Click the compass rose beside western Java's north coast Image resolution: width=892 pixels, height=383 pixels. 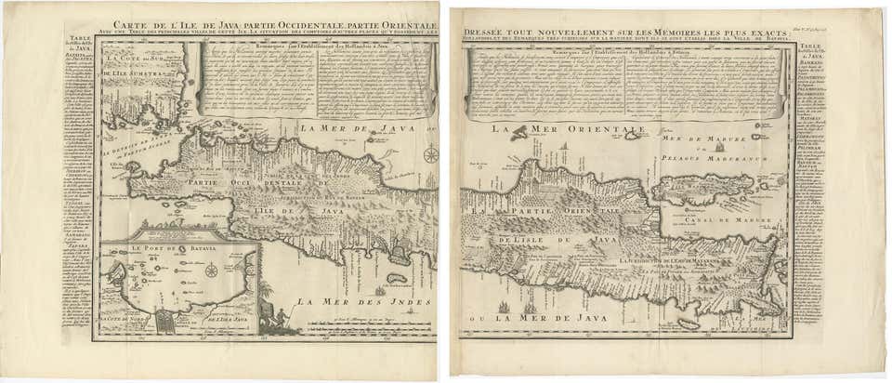431,154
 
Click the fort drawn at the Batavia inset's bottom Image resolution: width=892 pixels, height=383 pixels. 164,322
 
